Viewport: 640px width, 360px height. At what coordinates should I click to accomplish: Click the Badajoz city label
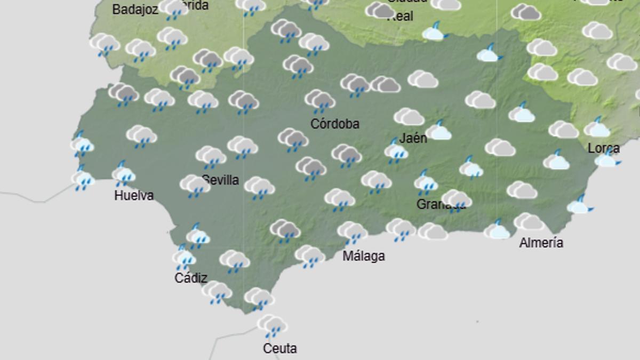point(135,10)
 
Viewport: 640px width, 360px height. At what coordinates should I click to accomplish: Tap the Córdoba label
point(335,124)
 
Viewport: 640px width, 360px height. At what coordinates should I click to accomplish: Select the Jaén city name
point(413,138)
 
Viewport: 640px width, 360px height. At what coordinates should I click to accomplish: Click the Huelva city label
point(134,196)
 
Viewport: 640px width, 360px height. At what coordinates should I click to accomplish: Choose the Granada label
point(441,204)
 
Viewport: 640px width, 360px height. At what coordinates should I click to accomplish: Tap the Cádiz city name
point(190,278)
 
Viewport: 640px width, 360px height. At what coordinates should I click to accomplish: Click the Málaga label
point(363,256)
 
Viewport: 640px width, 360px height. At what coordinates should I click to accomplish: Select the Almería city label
point(541,243)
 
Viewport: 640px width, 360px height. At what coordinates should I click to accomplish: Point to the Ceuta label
point(279,349)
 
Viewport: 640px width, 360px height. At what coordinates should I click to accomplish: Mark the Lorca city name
point(603,148)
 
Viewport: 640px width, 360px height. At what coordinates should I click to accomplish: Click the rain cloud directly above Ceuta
point(272,325)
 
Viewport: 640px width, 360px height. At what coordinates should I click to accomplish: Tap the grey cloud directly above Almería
point(529,221)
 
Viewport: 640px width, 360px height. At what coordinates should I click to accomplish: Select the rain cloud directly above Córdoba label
point(320,101)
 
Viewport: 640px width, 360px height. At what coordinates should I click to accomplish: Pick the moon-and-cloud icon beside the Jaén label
point(439,130)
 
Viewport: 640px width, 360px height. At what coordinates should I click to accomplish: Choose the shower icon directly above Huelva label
point(123,174)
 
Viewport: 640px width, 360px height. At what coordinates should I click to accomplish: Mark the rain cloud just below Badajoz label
point(105,44)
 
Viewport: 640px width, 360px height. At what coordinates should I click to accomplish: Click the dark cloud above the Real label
point(380,10)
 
